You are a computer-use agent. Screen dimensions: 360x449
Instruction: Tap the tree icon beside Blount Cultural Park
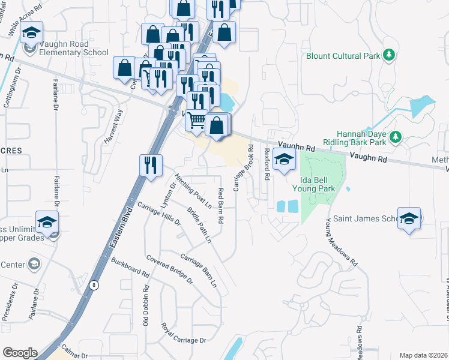[390, 56]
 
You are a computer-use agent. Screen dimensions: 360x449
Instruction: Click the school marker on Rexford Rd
[283, 159]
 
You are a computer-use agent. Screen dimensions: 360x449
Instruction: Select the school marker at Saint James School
[409, 218]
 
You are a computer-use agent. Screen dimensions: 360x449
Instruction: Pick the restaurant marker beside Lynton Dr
[151, 164]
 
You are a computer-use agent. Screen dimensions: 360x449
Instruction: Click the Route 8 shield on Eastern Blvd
[94, 285]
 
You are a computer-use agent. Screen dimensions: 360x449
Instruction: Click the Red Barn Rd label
[220, 206]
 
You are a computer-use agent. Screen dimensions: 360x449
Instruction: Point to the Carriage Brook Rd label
[243, 169]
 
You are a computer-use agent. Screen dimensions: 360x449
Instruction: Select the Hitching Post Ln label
[193, 190]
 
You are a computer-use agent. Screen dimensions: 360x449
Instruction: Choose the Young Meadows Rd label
[341, 242]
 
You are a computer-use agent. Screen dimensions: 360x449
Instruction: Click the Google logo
[20, 353]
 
